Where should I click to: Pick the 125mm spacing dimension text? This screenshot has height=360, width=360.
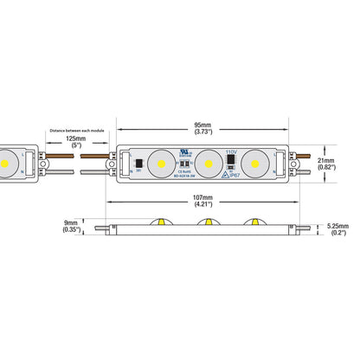(x=75, y=138)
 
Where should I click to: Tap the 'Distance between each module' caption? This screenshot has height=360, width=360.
(x=75, y=129)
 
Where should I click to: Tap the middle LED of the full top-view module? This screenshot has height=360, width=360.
(x=207, y=161)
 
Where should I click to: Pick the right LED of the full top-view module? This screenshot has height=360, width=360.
(x=254, y=161)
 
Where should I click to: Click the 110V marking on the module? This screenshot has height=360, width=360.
(x=230, y=151)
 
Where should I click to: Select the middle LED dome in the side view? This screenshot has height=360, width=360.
(x=208, y=223)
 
